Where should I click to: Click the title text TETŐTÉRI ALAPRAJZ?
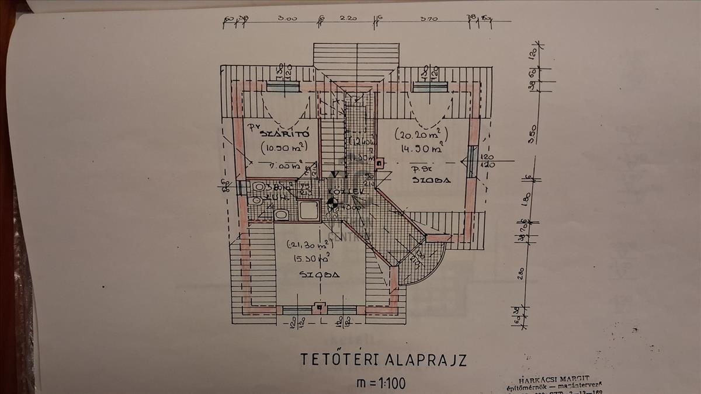point(383,359)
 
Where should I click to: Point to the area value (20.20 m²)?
point(420,135)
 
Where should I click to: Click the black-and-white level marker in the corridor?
point(332,203)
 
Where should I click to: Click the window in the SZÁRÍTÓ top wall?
point(282,86)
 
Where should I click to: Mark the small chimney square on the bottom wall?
point(318,306)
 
